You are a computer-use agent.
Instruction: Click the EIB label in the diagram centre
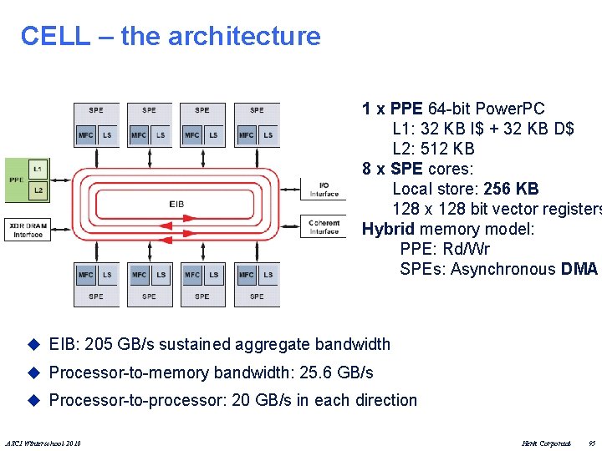point(176,204)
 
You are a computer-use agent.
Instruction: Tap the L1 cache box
point(38,170)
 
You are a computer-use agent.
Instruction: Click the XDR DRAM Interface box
point(28,229)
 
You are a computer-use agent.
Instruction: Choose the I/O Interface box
point(324,190)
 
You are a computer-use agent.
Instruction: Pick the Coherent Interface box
point(324,226)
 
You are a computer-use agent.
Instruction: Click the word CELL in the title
point(54,36)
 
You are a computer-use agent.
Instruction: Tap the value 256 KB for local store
point(511,189)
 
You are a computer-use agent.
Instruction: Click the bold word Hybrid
point(388,229)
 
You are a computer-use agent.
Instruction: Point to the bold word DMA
point(579,269)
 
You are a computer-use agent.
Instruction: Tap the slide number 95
point(591,442)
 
